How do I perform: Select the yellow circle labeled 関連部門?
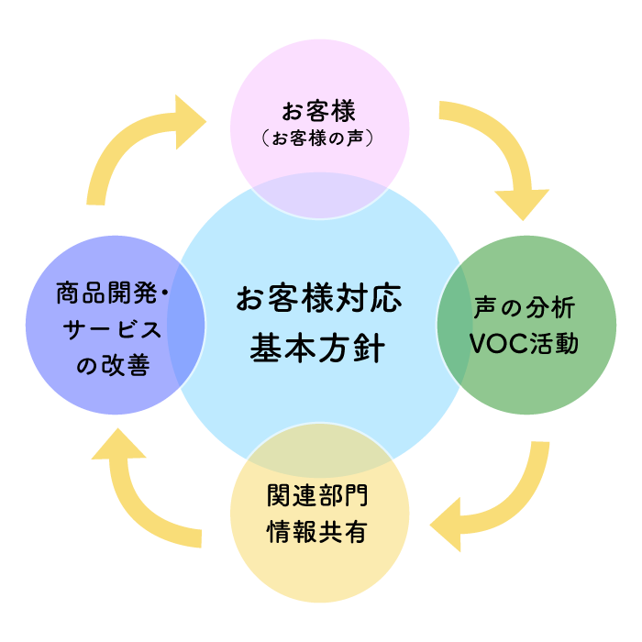click(x=319, y=559)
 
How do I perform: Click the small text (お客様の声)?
click(x=319, y=139)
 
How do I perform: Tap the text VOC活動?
click(x=524, y=343)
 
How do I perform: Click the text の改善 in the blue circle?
click(x=114, y=366)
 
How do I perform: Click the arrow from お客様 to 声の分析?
click(x=500, y=147)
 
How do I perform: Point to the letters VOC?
click(x=495, y=343)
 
